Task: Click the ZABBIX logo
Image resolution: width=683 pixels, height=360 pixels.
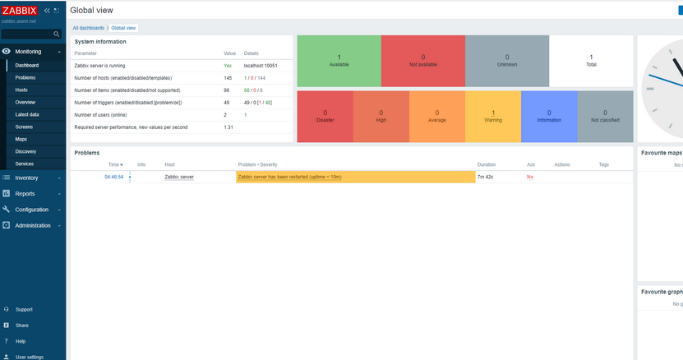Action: [x=20, y=10]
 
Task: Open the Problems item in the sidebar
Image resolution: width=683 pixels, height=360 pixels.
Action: [x=25, y=77]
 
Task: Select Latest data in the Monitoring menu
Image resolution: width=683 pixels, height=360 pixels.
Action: [x=28, y=114]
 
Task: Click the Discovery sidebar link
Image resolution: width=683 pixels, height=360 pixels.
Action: [x=25, y=151]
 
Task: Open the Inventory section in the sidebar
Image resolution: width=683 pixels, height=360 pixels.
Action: [x=26, y=178]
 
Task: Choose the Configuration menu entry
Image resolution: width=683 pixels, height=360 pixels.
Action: [x=32, y=210]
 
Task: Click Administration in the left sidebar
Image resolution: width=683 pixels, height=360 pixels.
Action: [x=33, y=225]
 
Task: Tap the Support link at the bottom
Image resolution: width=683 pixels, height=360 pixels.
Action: [x=24, y=310]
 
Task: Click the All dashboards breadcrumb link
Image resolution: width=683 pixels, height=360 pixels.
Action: [x=88, y=28]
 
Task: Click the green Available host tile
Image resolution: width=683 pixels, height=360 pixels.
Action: [x=339, y=60]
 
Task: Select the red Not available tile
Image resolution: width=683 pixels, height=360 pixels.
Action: [x=422, y=60]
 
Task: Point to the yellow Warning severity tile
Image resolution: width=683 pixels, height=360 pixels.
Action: [x=492, y=116]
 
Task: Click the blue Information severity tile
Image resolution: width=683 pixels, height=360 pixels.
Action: [x=548, y=116]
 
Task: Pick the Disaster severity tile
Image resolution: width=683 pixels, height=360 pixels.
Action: [x=325, y=116]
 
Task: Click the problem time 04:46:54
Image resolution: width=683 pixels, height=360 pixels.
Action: [x=113, y=177]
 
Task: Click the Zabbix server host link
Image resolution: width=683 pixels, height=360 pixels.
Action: [x=178, y=177]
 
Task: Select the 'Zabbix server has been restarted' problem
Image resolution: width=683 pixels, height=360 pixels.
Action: [x=290, y=177]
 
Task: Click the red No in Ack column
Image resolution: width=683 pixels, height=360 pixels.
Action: [x=529, y=177]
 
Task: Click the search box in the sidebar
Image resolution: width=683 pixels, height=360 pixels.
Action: [x=29, y=35]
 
